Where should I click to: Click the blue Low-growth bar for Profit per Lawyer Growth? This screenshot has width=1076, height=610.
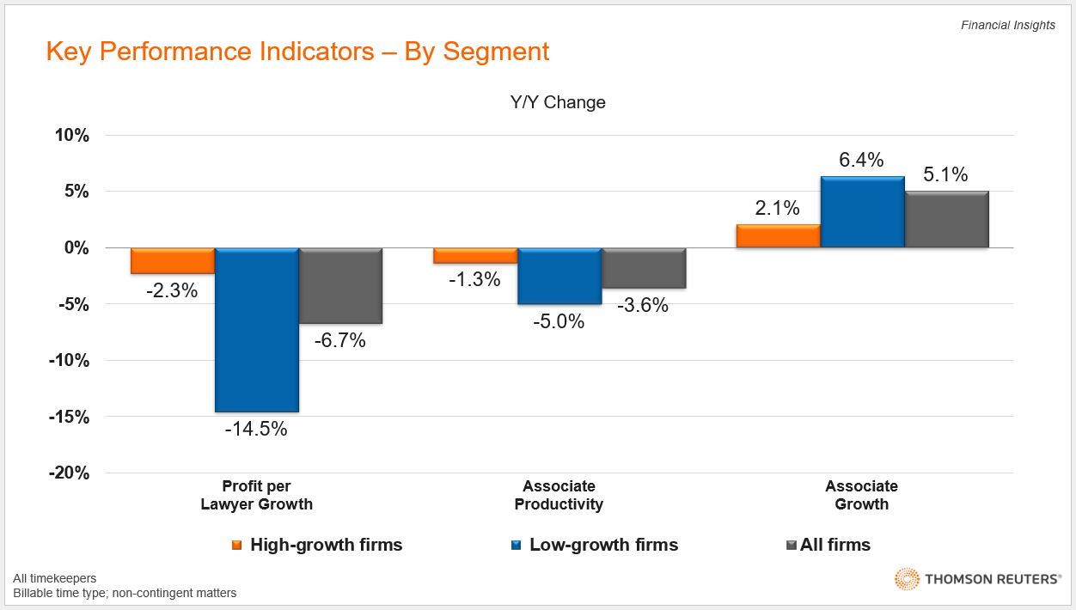click(257, 330)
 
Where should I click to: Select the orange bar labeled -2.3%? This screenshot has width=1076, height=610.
click(172, 260)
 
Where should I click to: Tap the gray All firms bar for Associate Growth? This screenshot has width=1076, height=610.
click(947, 219)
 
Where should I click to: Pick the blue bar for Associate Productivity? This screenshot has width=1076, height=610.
click(559, 276)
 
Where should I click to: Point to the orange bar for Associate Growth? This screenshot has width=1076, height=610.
click(778, 236)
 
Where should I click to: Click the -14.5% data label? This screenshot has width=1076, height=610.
click(256, 429)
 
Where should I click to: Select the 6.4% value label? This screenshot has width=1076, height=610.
click(862, 160)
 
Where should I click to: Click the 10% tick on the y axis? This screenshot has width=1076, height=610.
click(71, 135)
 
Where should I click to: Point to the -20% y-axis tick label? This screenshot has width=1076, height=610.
click(68, 473)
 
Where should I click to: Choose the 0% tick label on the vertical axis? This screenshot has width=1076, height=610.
click(75, 247)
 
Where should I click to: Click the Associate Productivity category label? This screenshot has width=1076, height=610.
click(559, 496)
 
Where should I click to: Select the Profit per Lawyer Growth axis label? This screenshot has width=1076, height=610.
click(256, 496)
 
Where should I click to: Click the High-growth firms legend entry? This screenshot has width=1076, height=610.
click(326, 545)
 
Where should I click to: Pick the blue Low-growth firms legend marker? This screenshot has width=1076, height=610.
click(516, 545)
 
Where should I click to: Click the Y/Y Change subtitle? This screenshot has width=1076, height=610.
click(558, 102)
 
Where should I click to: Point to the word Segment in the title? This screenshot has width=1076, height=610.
click(496, 52)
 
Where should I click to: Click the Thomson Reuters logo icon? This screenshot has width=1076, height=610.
click(907, 579)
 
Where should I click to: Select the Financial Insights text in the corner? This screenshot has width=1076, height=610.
click(1007, 25)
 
